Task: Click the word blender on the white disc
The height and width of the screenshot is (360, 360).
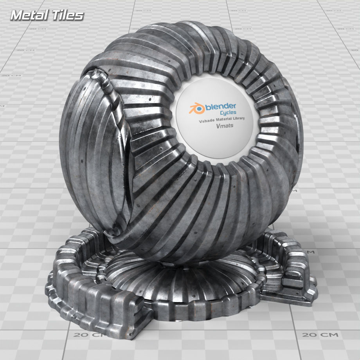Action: (x=220, y=106)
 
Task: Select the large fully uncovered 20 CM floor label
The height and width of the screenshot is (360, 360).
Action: (x=320, y=335)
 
